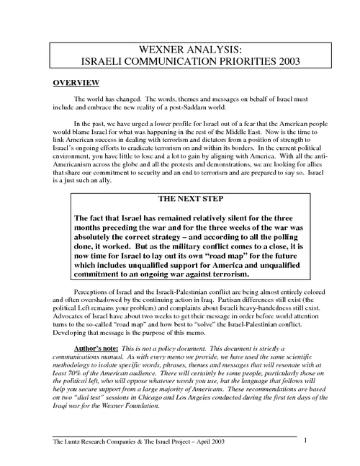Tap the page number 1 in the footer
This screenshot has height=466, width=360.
coord(305,439)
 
